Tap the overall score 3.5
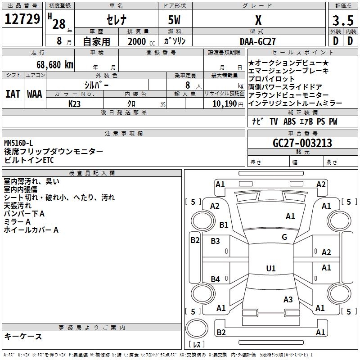pyautogui.click(x=342, y=21)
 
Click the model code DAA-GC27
pyautogui.click(x=258, y=41)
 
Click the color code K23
pyautogui.click(x=74, y=103)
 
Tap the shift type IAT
pyautogui.click(x=13, y=94)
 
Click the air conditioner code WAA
pyautogui.click(x=34, y=94)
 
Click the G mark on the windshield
pyautogui.click(x=284, y=237)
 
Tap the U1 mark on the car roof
pyautogui.click(x=270, y=269)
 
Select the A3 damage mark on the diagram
pyautogui.click(x=288, y=299)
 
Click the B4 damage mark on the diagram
pyautogui.click(x=216, y=279)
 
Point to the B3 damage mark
pyautogui.click(x=216, y=241)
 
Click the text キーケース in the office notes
pyautogui.click(x=23, y=336)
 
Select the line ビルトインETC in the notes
pyautogui.click(x=29, y=160)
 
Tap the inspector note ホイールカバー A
pyautogui.click(x=31, y=230)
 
